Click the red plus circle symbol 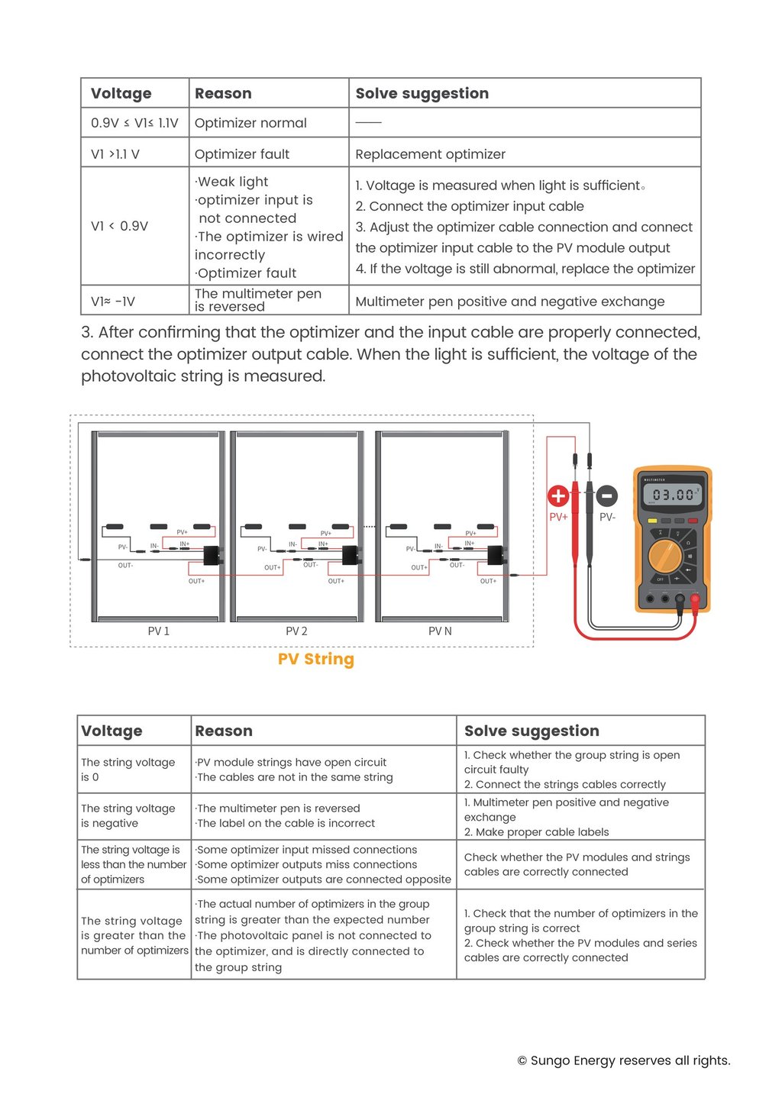click(x=558, y=496)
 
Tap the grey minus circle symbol click(x=606, y=496)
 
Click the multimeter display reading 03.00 click(x=674, y=495)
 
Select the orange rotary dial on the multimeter click(x=665, y=556)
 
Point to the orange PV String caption click(x=316, y=659)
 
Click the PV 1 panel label click(x=159, y=631)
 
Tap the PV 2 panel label click(x=296, y=631)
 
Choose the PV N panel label click(x=440, y=631)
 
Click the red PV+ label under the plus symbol click(x=558, y=517)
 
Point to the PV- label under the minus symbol click(x=607, y=517)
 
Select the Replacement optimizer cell click(x=430, y=154)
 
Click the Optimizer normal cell click(x=250, y=123)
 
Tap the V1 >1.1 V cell click(x=115, y=154)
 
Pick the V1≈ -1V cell click(x=113, y=302)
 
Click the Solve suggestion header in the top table click(x=422, y=93)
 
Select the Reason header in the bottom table click(x=224, y=731)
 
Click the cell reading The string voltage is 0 click(x=128, y=770)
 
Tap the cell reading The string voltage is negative click(x=128, y=815)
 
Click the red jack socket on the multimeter click(x=695, y=599)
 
